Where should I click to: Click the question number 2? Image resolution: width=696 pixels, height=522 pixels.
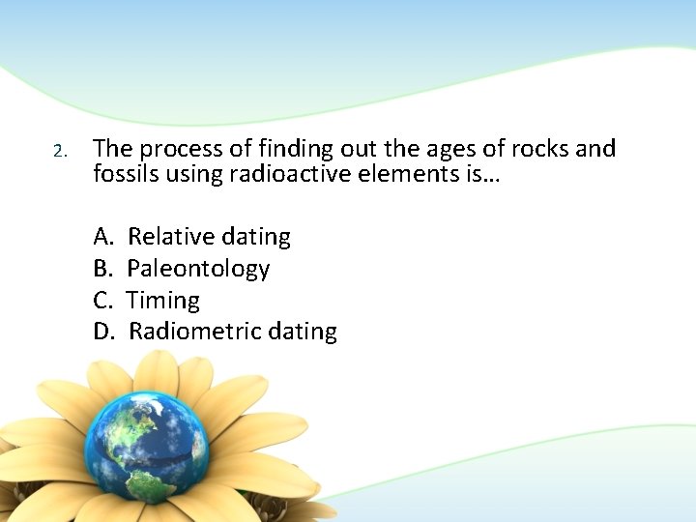coord(58,152)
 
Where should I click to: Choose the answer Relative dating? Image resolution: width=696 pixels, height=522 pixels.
coord(209,236)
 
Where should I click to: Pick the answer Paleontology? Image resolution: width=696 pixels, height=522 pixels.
coord(198,268)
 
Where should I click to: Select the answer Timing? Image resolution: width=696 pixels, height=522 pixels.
coord(163,300)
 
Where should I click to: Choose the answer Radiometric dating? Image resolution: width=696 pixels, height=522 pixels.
coord(232,332)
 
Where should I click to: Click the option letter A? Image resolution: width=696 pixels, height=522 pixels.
coord(103,236)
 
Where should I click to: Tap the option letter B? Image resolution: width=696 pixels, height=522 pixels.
coord(102,268)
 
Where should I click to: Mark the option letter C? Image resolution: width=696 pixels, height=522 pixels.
coord(102,300)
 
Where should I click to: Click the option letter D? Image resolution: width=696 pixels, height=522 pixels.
coord(103,332)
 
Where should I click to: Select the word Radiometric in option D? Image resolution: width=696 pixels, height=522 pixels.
coord(191,332)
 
